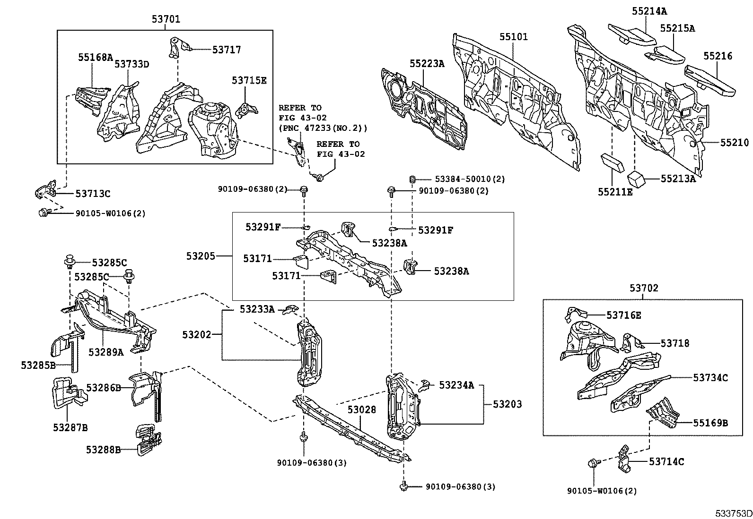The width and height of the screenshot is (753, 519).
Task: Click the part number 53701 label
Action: click(166, 19)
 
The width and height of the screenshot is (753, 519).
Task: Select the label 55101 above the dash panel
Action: click(513, 37)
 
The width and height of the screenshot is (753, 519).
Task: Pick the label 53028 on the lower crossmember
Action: click(362, 410)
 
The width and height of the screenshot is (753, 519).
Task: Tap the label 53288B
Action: click(103, 450)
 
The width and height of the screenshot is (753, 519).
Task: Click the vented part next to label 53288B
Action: click(149, 441)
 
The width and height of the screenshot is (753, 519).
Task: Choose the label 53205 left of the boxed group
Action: click(201, 256)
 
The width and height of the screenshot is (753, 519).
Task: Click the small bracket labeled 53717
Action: click(178, 47)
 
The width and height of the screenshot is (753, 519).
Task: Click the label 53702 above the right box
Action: click(643, 288)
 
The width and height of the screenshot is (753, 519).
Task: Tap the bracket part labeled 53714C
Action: click(624, 458)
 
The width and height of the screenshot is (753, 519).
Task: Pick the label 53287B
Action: click(70, 428)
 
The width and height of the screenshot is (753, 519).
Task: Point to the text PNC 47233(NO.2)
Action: click(323, 128)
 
